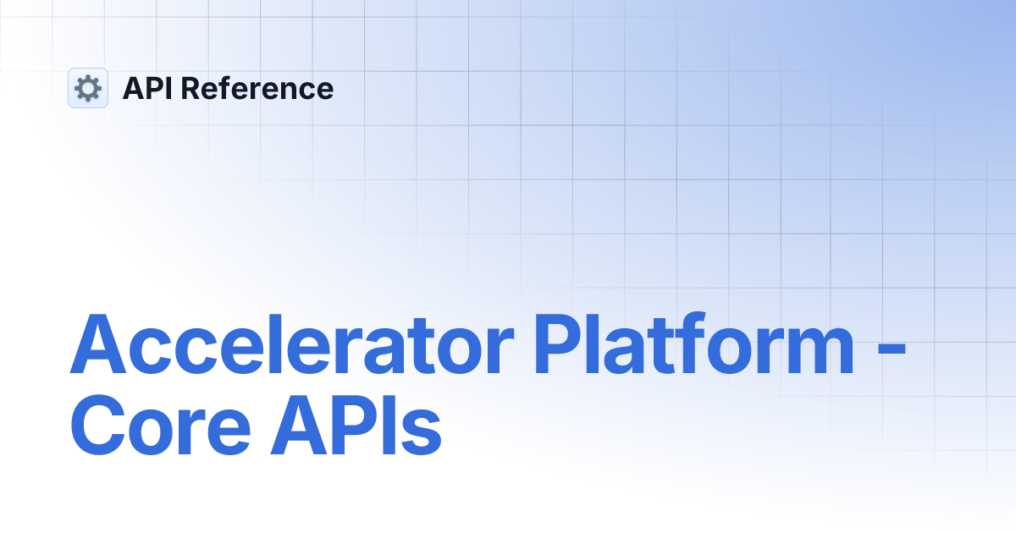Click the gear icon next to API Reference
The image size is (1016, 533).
coord(88,88)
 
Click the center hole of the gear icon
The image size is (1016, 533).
coord(88,88)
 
